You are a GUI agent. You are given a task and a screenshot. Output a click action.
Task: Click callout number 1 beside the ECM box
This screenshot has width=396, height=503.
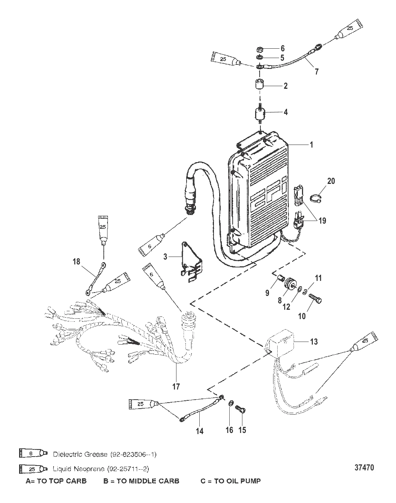[311, 145]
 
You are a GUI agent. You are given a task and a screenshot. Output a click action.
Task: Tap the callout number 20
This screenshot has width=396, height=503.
[331, 181]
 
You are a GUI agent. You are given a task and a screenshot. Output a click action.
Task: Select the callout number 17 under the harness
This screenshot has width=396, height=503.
[176, 387]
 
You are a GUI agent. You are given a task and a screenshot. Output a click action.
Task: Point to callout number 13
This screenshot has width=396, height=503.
[314, 342]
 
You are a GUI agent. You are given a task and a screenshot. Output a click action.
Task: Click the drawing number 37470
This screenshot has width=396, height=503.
[364, 467]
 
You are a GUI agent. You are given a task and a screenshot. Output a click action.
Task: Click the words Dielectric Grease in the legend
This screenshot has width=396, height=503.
[80, 454]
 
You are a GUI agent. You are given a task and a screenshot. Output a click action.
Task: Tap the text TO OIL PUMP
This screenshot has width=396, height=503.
[237, 481]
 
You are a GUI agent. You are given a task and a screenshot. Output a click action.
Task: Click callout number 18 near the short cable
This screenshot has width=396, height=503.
[76, 261]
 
